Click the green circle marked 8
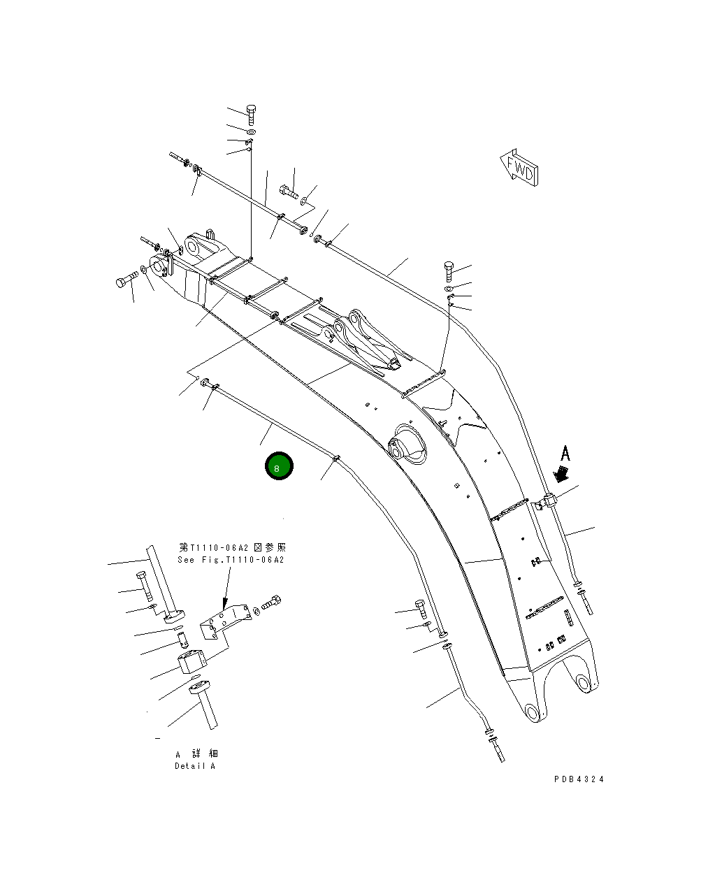click(279, 467)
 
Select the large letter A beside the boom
click(565, 454)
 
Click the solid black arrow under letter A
click(559, 475)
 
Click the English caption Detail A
click(195, 766)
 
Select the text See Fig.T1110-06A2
click(231, 559)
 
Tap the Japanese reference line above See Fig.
click(232, 547)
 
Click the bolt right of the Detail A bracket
click(272, 602)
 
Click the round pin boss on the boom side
click(403, 445)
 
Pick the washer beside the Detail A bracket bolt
click(256, 612)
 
